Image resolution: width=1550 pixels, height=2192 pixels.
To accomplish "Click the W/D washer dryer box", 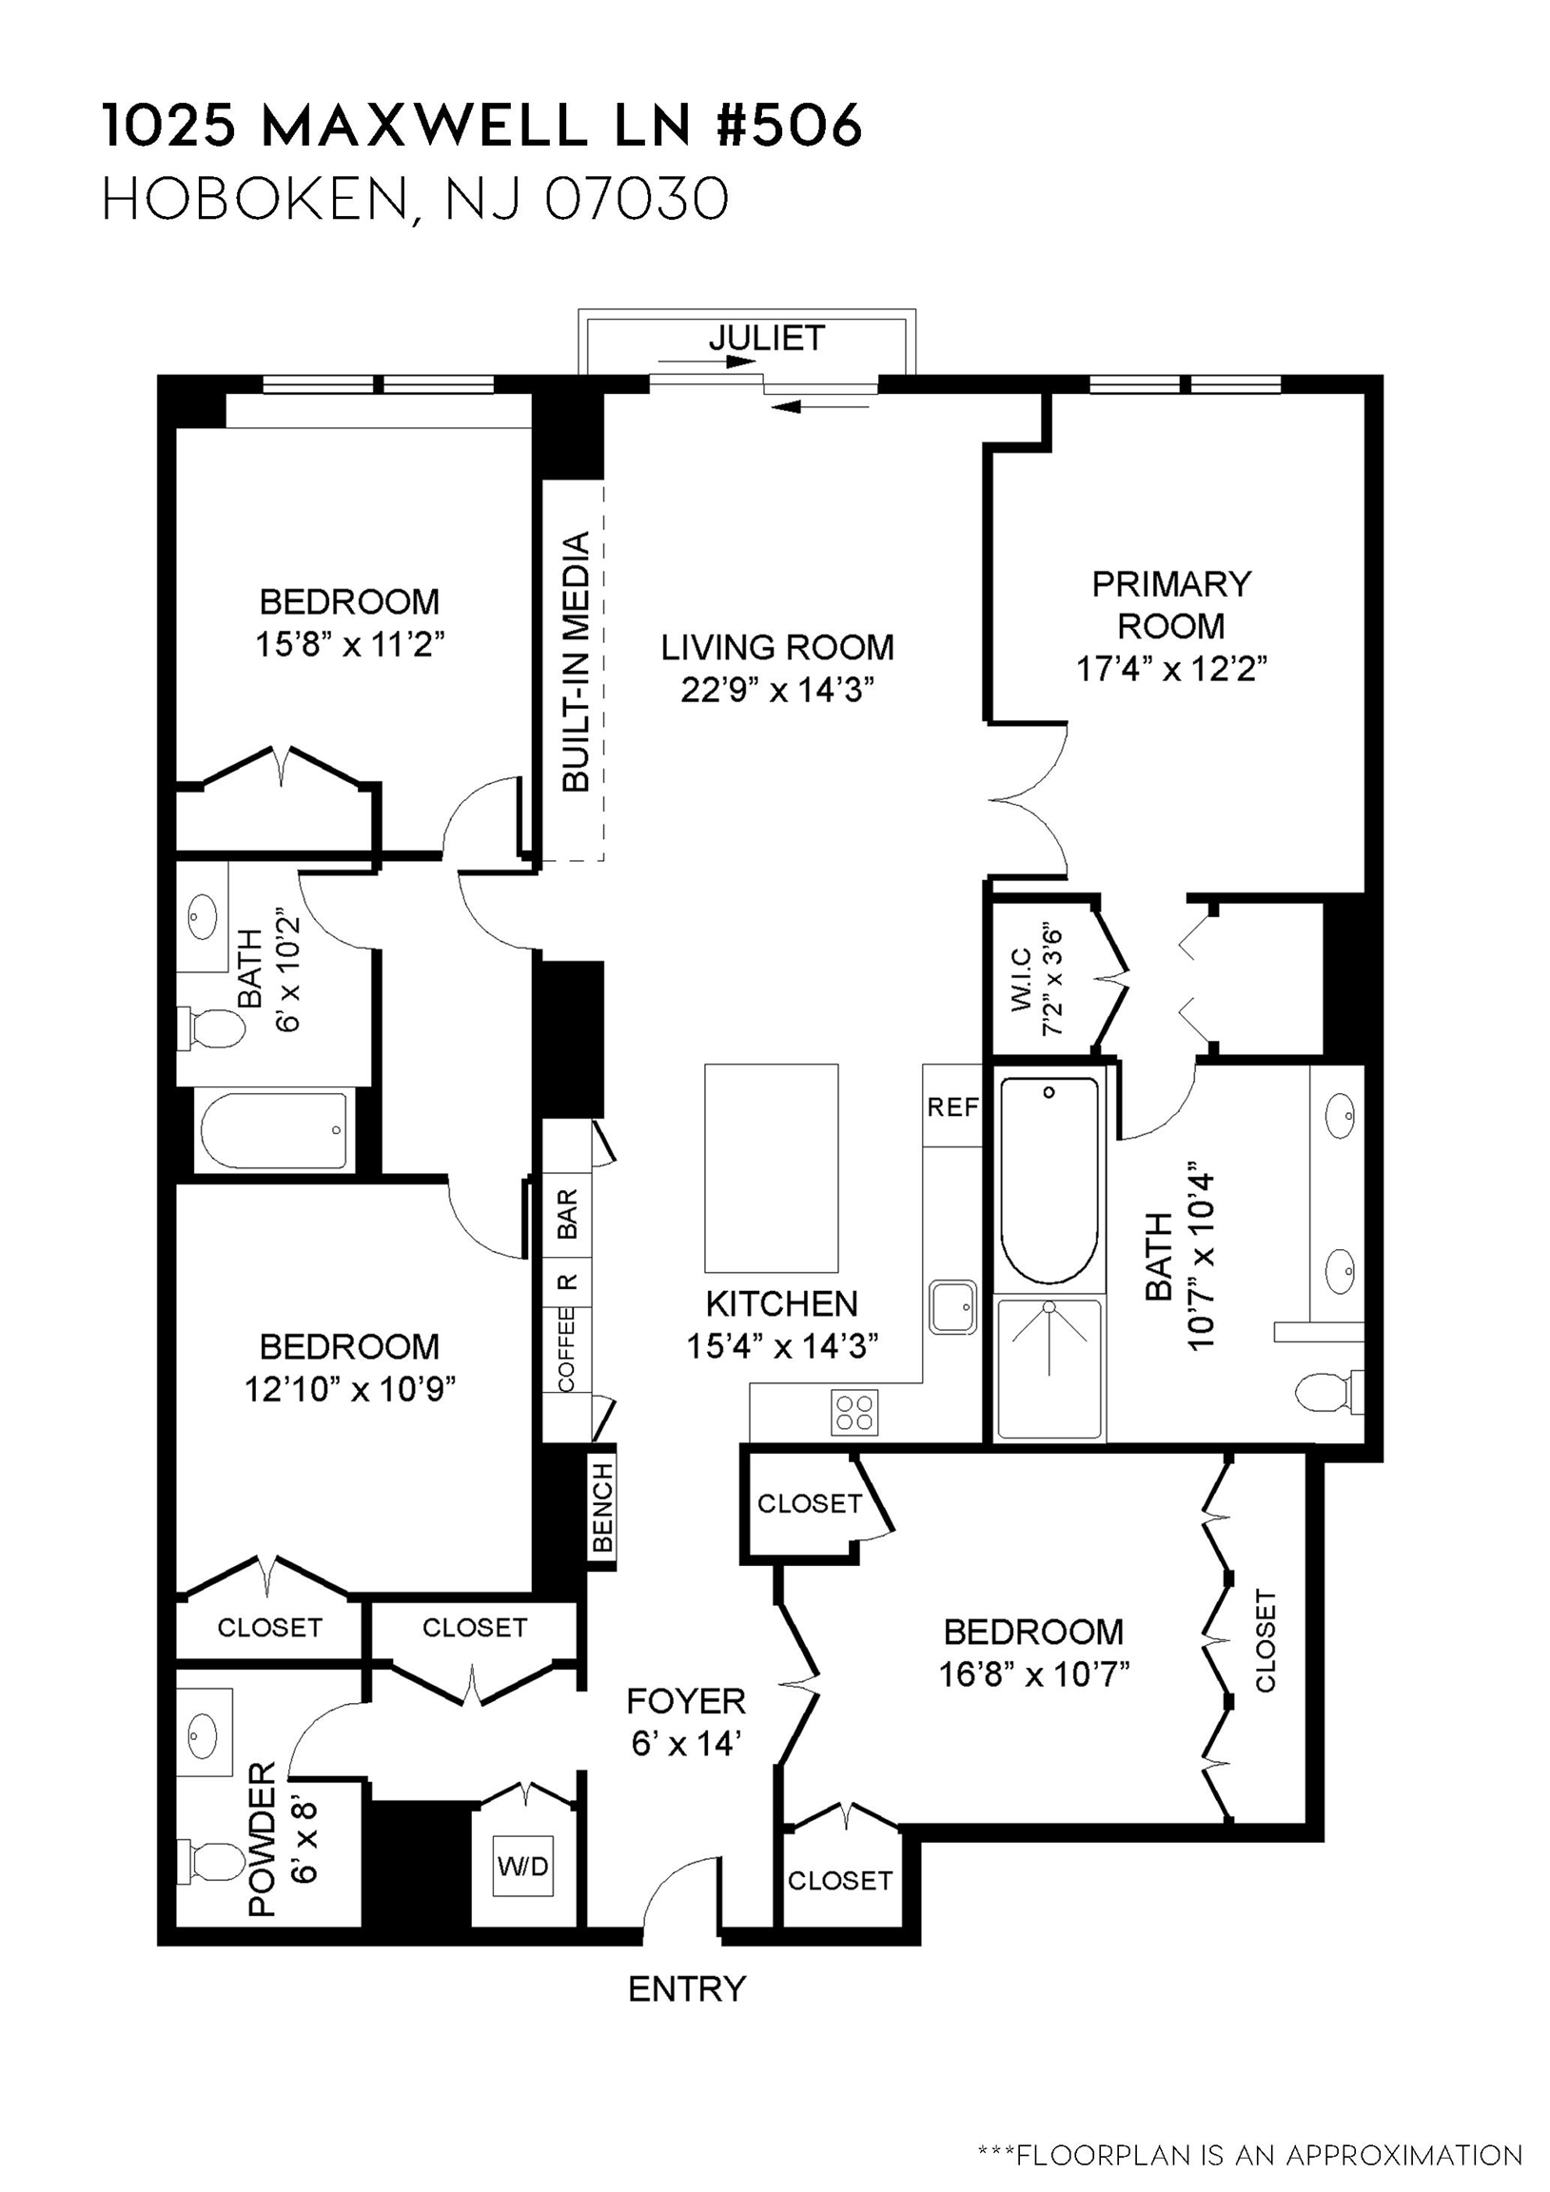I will click(522, 1865).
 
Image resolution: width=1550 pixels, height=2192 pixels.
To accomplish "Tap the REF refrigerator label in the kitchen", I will click(952, 1106).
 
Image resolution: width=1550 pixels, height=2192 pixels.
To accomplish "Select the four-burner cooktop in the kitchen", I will click(854, 1412).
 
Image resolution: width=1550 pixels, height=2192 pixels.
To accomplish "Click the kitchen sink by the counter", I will click(952, 1307).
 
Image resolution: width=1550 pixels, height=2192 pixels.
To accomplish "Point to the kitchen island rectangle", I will click(771, 1167).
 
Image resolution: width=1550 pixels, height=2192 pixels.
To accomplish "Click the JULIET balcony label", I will click(766, 338).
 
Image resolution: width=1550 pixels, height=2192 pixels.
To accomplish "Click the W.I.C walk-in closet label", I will click(1020, 979).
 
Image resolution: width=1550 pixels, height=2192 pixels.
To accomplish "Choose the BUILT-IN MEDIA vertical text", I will click(576, 662).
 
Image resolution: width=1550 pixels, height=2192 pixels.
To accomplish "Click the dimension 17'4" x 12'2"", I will click(1171, 669).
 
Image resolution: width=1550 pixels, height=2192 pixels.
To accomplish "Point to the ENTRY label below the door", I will click(686, 1988).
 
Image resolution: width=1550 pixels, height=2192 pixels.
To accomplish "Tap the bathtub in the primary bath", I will click(1049, 1180).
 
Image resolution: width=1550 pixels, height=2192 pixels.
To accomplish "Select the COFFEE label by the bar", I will click(566, 1350).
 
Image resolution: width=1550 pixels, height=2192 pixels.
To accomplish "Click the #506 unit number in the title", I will click(788, 127).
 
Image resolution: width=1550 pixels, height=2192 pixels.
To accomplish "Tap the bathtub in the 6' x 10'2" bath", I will click(274, 1130).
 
